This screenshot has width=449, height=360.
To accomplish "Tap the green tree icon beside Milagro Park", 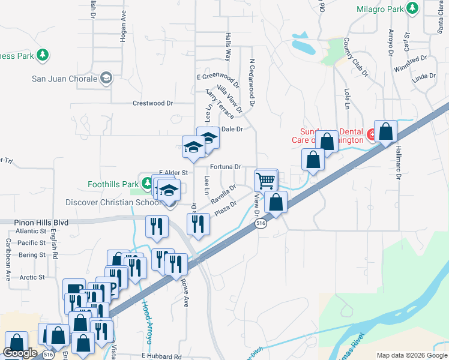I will (412, 8).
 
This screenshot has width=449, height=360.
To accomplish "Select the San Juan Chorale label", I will (64, 79).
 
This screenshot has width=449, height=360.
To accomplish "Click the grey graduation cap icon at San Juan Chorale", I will (106, 78).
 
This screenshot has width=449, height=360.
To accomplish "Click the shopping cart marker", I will (265, 181).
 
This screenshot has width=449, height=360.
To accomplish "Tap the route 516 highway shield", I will (260, 223).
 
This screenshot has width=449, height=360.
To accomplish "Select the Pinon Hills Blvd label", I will (41, 222).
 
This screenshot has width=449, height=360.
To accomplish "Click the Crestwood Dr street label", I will (152, 103).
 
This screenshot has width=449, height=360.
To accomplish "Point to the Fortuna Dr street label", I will (225, 167).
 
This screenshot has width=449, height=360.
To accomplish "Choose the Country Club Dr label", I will (355, 57).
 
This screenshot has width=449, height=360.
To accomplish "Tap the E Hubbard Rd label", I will (161, 356).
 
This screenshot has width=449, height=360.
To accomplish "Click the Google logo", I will (20, 353).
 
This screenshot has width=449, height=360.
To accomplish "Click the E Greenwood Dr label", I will (218, 77).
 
